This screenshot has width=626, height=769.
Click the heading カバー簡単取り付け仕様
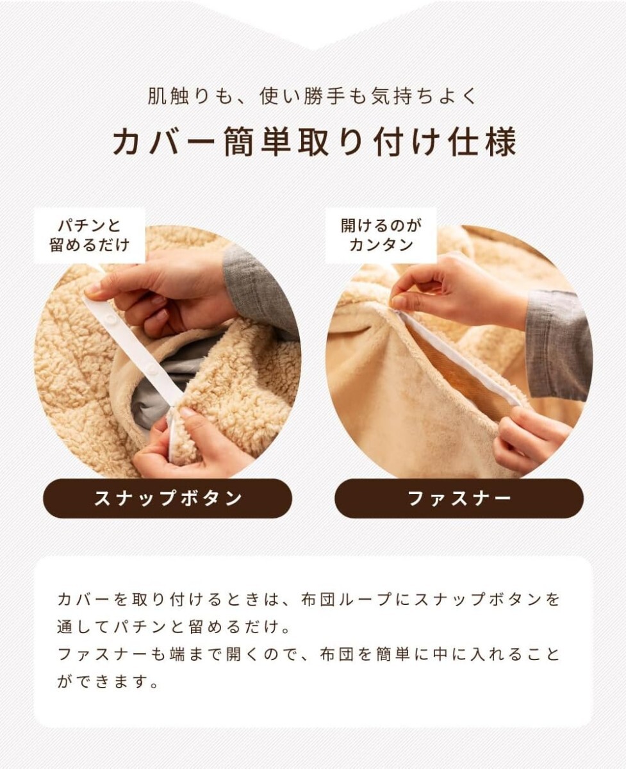315,142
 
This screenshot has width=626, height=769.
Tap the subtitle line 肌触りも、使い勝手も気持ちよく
313,96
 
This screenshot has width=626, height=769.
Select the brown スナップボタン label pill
167,498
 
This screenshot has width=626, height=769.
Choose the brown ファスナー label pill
459,498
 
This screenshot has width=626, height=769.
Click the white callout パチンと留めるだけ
90,235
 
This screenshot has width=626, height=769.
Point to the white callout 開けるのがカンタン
381,235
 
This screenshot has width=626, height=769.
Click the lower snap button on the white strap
152,368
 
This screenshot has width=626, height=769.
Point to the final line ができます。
108,682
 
